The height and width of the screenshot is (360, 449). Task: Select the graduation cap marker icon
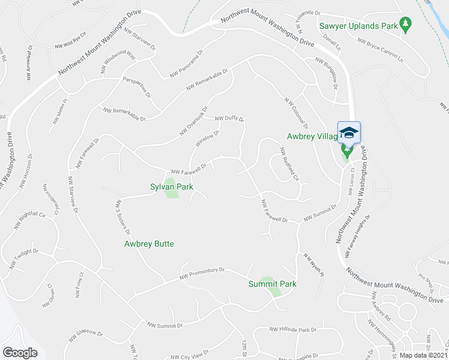click(349, 132)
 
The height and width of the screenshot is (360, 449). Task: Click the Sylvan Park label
click(172, 187)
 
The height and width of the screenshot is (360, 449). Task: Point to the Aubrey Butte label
click(149, 244)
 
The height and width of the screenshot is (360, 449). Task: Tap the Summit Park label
click(273, 284)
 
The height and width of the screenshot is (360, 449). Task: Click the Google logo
click(20, 353)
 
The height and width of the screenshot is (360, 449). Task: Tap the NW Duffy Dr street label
click(230, 118)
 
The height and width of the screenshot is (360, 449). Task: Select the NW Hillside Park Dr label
click(292, 330)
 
